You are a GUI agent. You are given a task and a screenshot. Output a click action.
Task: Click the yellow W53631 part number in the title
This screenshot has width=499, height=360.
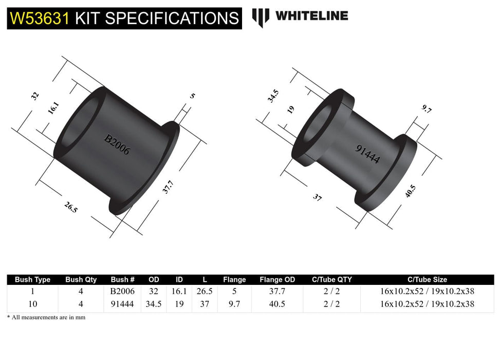pos(39,18)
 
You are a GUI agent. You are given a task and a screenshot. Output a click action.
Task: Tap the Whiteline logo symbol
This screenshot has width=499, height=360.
pos(261,17)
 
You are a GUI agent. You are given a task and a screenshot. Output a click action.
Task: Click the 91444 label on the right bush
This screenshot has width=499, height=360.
pos(367,154)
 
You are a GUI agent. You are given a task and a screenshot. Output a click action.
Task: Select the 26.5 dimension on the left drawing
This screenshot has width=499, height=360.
pos(71,207)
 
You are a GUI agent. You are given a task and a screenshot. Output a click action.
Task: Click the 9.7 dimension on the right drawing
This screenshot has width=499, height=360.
pos(427,109)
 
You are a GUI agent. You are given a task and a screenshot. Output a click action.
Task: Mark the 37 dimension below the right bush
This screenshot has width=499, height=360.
pos(317,196)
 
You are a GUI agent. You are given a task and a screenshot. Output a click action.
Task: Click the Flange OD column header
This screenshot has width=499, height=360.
pos(278,280)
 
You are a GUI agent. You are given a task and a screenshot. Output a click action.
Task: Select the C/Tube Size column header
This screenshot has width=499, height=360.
pos(427,280)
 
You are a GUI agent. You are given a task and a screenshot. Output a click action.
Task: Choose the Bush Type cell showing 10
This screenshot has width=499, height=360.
pos(32,304)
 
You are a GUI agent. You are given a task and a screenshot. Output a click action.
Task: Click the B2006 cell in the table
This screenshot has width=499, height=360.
pos(122,291)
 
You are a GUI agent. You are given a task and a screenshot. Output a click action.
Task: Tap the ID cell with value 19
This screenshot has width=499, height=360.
pos(179,304)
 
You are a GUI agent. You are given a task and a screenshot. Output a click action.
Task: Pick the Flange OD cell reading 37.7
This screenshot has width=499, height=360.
pos(278,291)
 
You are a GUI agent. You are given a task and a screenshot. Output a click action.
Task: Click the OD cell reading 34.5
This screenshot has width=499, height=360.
pos(154,304)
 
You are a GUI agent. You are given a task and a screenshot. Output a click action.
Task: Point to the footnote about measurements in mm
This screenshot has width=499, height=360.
pos(46,317)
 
